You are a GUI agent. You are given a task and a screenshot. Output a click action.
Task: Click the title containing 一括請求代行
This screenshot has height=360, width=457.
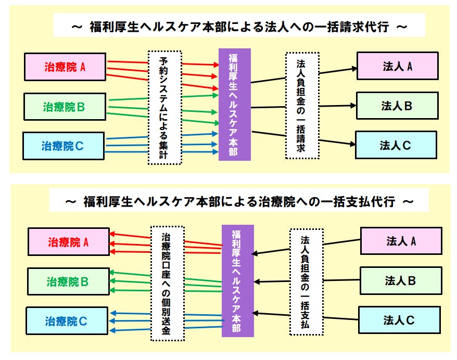point(239,27)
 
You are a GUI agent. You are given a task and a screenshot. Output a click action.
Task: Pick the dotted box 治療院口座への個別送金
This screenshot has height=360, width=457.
point(167,283)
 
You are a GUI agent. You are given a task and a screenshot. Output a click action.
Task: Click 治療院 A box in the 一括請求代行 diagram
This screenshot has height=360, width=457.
point(65,67)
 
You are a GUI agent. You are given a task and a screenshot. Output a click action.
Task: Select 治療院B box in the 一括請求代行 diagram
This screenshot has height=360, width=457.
point(65,107)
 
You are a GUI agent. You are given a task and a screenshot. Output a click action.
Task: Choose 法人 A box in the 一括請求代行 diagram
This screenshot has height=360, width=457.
point(397,66)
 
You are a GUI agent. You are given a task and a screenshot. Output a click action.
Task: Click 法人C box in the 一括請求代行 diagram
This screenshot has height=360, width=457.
point(396,145)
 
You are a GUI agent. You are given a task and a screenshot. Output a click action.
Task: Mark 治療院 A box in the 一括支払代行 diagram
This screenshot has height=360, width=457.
point(69,242)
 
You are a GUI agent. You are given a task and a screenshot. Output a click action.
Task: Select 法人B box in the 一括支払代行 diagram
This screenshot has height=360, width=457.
point(400,281)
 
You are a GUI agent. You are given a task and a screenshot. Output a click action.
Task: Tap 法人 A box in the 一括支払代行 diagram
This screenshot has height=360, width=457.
point(401,241)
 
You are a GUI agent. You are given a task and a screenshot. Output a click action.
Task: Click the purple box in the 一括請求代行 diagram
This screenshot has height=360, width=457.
point(235,105)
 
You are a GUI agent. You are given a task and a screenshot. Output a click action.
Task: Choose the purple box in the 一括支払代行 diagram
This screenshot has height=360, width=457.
point(238,281)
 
